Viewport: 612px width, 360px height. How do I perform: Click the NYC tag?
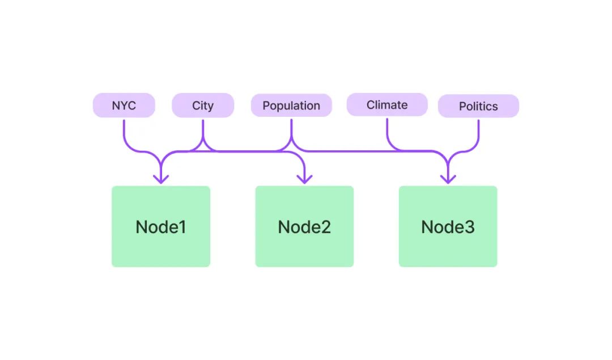[x=124, y=105]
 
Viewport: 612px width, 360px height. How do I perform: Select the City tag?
[x=203, y=105]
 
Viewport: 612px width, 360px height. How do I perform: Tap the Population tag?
[x=291, y=105]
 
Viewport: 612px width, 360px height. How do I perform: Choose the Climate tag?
[x=387, y=105]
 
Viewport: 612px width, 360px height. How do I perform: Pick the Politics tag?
[x=478, y=106]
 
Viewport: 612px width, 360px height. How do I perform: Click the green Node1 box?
[x=161, y=226]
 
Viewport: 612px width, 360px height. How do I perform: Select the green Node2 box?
[x=304, y=226]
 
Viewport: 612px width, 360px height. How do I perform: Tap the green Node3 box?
[x=448, y=226]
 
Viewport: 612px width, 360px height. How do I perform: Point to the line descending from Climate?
[x=410, y=151]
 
